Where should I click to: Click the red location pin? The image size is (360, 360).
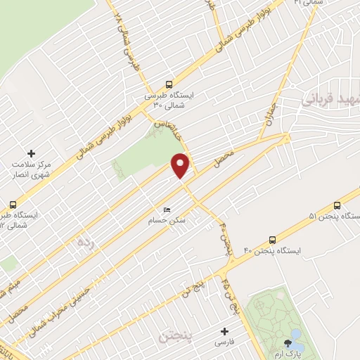(x=181, y=165)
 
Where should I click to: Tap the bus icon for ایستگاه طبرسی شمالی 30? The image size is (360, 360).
(x=168, y=83)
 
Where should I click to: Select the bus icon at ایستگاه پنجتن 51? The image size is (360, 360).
(x=338, y=205)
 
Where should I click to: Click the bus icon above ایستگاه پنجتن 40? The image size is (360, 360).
(x=272, y=239)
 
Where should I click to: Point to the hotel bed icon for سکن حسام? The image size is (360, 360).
(x=167, y=210)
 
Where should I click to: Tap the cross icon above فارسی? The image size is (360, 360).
(x=225, y=331)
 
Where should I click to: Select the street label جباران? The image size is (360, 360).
(x=269, y=112)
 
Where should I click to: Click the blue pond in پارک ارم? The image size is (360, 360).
(x=295, y=334)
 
